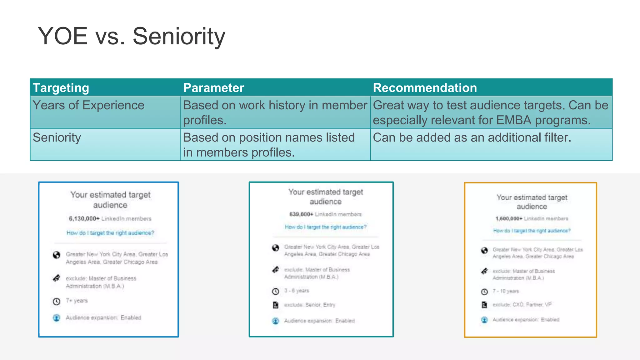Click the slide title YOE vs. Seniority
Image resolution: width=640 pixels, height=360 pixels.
(x=131, y=37)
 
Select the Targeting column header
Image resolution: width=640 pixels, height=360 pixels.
(x=61, y=88)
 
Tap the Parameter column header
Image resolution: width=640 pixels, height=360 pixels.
(x=213, y=88)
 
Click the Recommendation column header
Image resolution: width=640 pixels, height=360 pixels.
(x=425, y=88)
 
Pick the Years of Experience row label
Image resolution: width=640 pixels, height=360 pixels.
(x=88, y=105)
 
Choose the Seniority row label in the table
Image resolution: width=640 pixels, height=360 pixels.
(x=57, y=137)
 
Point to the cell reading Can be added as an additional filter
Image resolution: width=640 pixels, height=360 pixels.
(x=472, y=137)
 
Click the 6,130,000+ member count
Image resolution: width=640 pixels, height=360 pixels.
(x=84, y=219)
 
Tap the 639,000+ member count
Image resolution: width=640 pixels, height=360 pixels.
(x=301, y=214)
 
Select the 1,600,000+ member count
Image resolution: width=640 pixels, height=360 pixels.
(x=509, y=219)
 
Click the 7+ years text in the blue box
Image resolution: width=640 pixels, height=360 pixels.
(x=77, y=301)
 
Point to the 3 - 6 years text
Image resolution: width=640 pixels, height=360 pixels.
(x=297, y=291)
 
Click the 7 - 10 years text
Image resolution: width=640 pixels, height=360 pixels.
(x=506, y=291)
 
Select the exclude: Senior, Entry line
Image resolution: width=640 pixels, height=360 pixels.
(x=309, y=305)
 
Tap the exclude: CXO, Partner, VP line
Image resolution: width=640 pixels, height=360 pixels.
(x=522, y=305)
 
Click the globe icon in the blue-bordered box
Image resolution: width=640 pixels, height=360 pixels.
(x=57, y=255)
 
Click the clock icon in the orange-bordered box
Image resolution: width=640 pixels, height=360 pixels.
(x=484, y=292)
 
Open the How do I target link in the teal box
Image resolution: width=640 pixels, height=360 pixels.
(x=325, y=227)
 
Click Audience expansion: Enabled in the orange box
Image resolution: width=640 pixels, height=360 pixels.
(x=526, y=320)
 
